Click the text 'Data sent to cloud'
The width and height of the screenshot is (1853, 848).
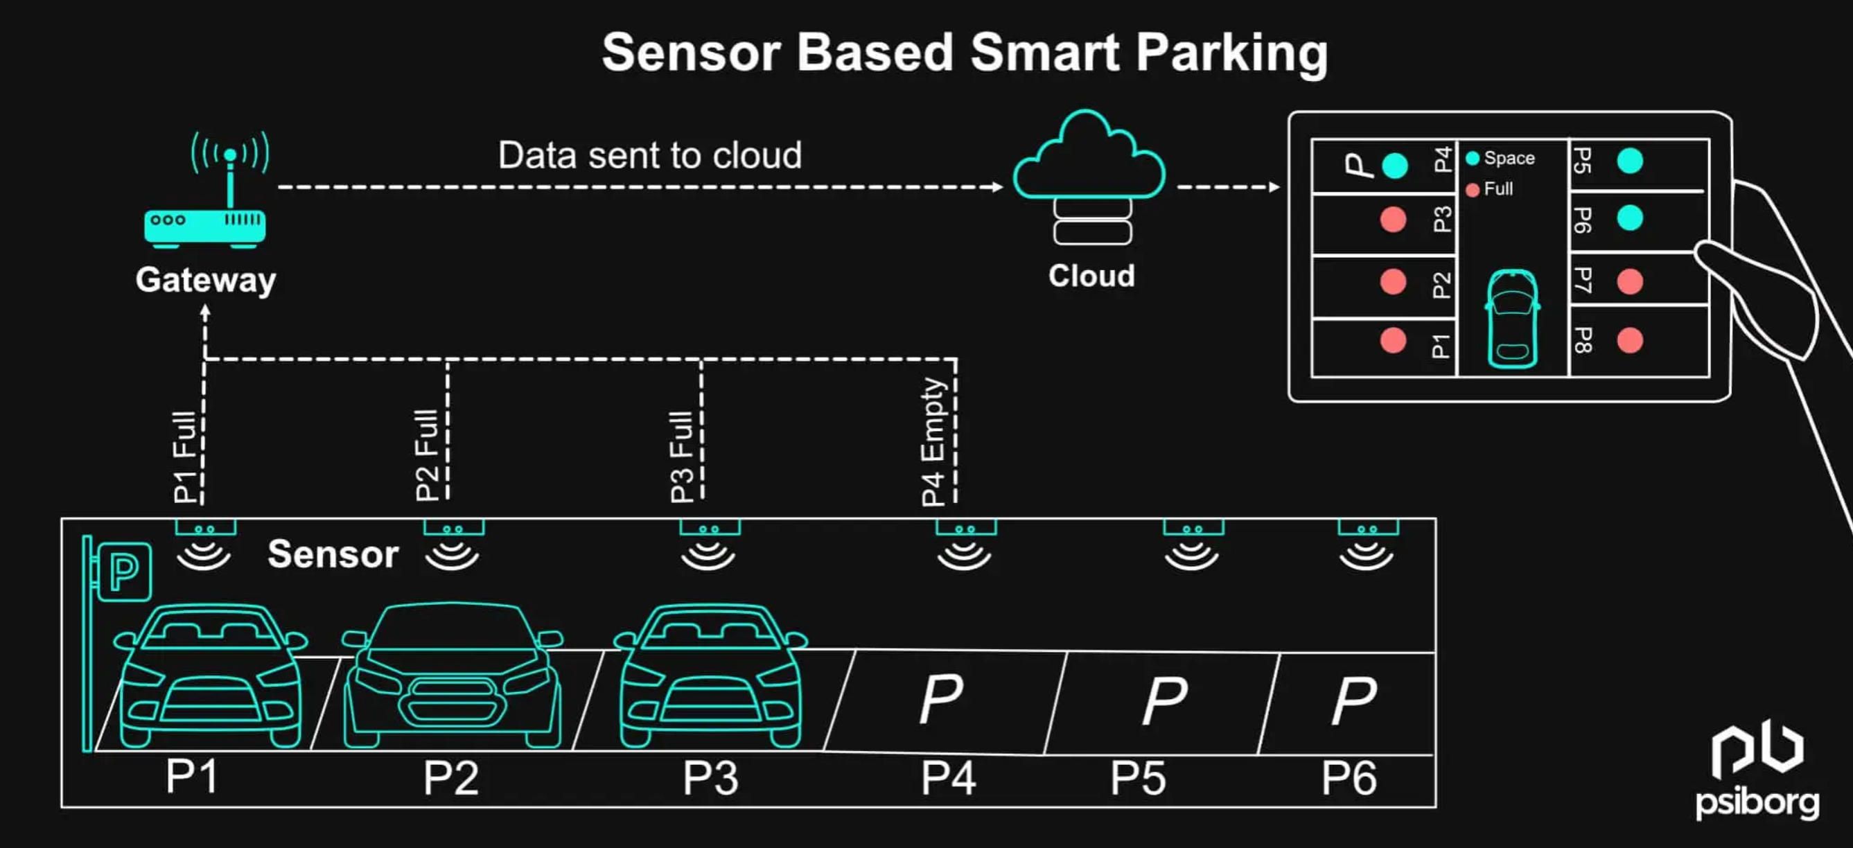point(649,155)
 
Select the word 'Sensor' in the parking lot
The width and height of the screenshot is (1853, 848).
point(333,554)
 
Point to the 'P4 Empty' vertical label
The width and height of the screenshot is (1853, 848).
point(933,441)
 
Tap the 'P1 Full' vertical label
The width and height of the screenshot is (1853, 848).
point(186,456)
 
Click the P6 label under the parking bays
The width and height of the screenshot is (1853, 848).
point(1349,778)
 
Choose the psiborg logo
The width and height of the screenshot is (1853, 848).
point(1757,773)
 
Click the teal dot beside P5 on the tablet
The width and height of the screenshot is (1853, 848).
point(1629,161)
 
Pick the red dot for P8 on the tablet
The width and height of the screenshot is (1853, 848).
point(1629,340)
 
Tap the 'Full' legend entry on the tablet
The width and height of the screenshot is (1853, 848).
point(1491,189)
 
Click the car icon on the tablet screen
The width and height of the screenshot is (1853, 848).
point(1512,319)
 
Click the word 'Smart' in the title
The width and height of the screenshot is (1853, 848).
point(1045,53)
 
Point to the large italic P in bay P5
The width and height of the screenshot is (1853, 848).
point(1165,700)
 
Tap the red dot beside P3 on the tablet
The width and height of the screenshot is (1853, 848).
point(1394,220)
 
